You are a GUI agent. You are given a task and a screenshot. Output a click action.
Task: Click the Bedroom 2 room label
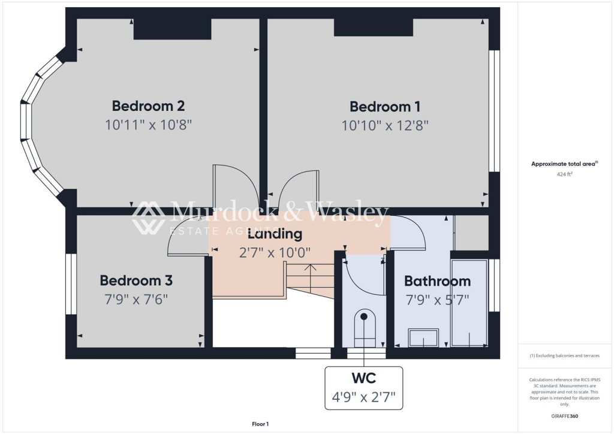pos(148,106)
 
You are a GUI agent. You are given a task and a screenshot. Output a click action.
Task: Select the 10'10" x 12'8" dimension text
pos(385,125)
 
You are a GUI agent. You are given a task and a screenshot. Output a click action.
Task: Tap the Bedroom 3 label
pos(136,281)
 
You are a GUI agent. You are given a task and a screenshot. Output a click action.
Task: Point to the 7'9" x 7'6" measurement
pos(136,299)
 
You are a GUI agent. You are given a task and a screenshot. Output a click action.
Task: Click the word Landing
pos(275,234)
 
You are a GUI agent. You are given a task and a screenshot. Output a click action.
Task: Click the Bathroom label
pos(437,281)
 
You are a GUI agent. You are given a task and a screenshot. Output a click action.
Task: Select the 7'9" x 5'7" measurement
pos(437,299)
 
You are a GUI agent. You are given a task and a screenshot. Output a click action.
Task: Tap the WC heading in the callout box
pos(363,378)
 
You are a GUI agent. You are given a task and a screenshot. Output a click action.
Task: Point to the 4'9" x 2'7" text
pos(363,396)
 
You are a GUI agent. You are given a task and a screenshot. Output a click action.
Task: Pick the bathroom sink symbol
pos(423,338)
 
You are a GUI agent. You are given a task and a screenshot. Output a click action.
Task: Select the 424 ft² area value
pos(564,174)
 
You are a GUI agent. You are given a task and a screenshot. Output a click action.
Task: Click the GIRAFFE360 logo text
pos(564,415)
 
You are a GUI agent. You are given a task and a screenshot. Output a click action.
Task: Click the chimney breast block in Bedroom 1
pos(373,28)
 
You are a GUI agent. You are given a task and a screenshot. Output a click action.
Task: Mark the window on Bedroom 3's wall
pos(71,284)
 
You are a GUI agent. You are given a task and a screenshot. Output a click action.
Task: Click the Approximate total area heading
pos(564,164)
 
